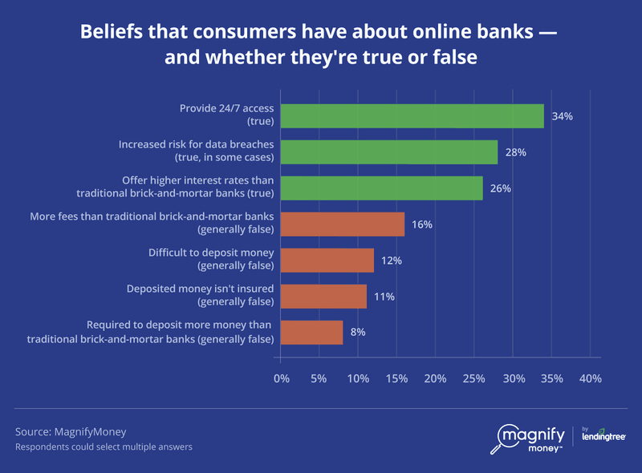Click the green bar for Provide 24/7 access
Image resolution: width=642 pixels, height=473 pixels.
click(412, 116)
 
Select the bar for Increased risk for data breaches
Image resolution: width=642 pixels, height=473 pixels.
click(389, 152)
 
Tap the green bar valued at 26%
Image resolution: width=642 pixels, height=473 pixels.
click(382, 188)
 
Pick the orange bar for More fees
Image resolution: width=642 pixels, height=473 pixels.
click(343, 224)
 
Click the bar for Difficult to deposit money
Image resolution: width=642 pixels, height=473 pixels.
click(327, 261)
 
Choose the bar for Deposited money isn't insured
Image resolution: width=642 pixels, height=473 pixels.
click(323, 297)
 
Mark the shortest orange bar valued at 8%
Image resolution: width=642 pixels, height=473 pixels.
click(312, 333)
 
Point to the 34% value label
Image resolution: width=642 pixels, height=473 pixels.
click(562, 116)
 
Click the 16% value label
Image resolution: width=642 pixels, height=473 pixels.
click(422, 224)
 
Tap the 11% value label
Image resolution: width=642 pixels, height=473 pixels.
click(384, 297)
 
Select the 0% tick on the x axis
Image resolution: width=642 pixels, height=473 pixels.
click(282, 378)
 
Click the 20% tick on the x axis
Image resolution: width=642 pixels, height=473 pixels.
click(436, 378)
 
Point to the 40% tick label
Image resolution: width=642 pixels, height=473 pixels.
click(590, 378)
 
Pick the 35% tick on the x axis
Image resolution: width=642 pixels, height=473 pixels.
click(551, 378)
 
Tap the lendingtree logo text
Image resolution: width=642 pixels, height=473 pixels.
click(603, 437)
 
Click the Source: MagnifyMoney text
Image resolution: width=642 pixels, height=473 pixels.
click(60, 431)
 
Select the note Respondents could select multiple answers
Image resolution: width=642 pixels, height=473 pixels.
click(104, 447)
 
